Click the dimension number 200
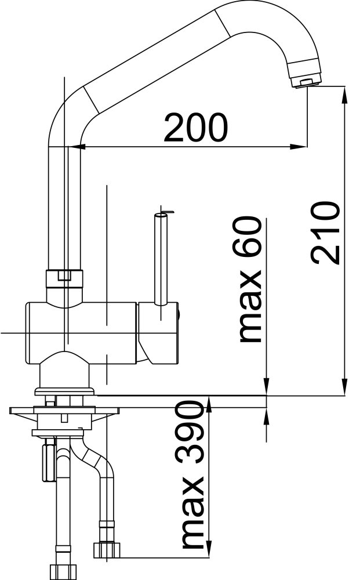(x=195, y=128)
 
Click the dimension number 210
(x=325, y=233)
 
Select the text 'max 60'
(x=248, y=280)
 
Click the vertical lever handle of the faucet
(x=161, y=259)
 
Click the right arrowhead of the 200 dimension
(x=299, y=147)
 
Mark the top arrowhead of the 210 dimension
(x=345, y=95)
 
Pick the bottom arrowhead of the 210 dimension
(x=345, y=386)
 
